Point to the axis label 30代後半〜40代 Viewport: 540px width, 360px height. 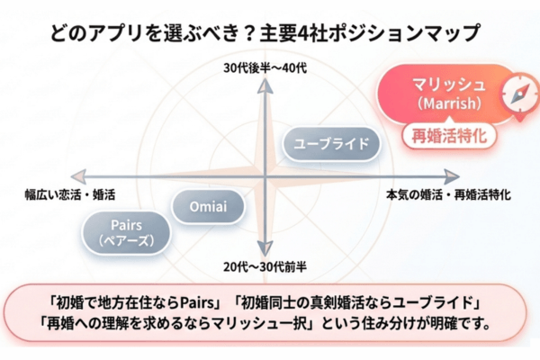pyautogui.click(x=265, y=67)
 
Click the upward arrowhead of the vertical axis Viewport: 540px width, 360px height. pyautogui.click(x=266, y=83)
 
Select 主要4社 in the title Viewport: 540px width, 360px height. pyautogui.click(x=285, y=33)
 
